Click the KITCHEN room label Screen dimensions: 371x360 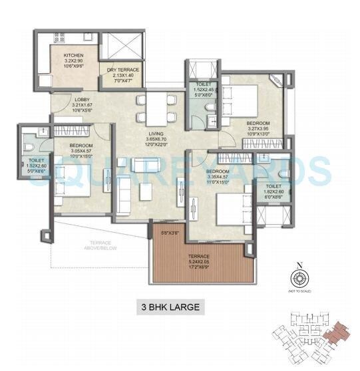point(73,55)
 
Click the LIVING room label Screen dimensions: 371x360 point(158,134)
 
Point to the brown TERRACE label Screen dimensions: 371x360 point(198,256)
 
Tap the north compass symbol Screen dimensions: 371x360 point(299,279)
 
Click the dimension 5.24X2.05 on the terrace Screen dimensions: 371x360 point(198,262)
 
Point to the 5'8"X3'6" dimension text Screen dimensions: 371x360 point(170,233)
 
